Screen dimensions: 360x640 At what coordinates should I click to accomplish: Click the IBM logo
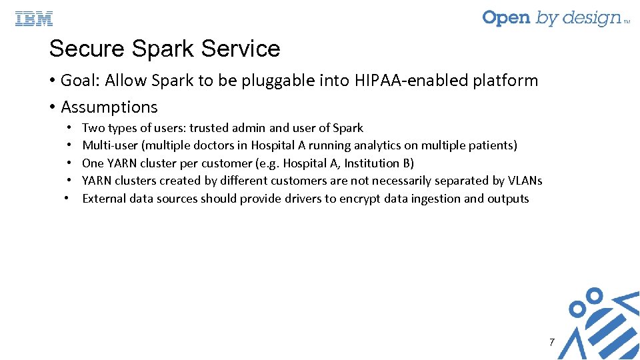[34, 19]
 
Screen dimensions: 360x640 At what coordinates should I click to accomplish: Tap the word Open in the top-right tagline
[506, 18]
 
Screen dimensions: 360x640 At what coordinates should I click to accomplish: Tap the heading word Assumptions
[109, 107]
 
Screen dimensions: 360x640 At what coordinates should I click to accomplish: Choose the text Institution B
[379, 163]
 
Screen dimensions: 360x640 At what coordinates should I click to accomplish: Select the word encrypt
[359, 199]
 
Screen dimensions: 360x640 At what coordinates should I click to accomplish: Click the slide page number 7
[551, 342]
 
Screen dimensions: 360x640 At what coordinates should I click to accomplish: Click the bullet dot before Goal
[52, 81]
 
